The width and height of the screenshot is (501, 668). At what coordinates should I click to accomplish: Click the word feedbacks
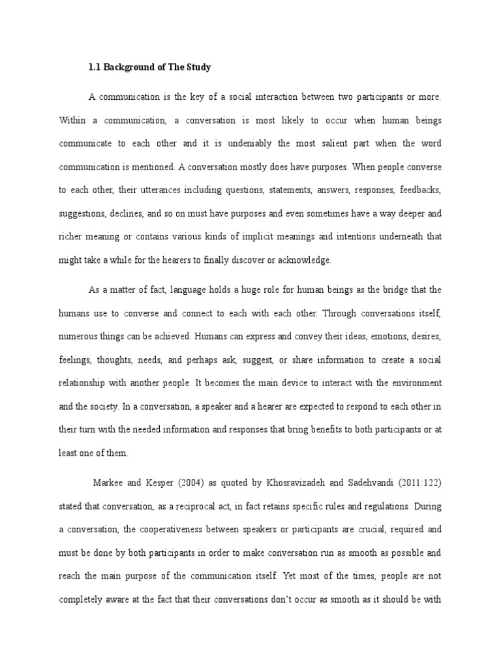coord(419,190)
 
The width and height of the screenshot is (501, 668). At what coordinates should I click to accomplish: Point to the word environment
coord(412,383)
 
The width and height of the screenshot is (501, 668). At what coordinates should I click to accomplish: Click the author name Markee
coord(107,483)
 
